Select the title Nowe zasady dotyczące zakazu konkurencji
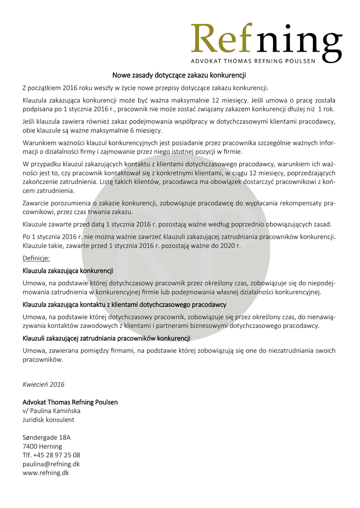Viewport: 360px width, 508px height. tap(179, 76)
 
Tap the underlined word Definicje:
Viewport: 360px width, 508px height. tap(36, 258)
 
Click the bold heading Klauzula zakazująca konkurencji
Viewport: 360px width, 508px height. tap(68, 271)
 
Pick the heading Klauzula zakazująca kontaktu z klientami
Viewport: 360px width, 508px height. tap(125, 305)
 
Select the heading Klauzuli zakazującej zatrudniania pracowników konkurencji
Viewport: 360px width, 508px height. tap(107, 338)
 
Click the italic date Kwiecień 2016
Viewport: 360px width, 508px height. tap(44, 384)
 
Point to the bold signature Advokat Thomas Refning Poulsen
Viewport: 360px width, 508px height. tap(70, 402)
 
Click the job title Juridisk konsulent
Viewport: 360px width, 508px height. tap(49, 420)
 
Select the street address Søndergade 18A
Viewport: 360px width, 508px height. tap(47, 438)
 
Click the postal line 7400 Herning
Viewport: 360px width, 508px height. tap(42, 446)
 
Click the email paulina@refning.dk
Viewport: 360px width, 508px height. tap(51, 464)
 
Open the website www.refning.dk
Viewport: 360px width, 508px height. tap(46, 473)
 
